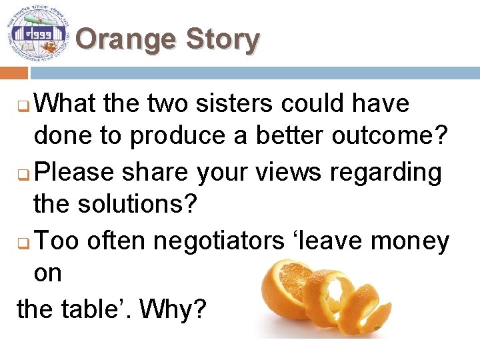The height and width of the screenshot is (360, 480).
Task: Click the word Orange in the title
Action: [124, 39]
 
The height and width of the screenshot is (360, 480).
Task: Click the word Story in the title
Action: [222, 39]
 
